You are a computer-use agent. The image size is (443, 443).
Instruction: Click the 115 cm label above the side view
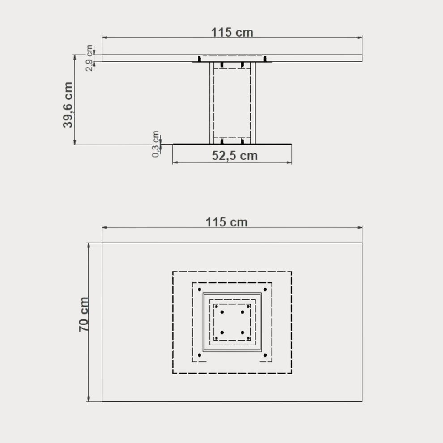pos(232,32)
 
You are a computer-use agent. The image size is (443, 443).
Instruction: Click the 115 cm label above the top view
pos(226,222)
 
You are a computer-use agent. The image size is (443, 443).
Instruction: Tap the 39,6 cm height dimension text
pos(68,105)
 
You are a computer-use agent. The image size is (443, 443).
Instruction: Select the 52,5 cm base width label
pos(234,156)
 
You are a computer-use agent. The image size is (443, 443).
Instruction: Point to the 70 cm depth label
pos(84,315)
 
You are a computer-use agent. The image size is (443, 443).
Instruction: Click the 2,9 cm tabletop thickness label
pos(89,58)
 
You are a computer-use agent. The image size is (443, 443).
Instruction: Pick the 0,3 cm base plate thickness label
pos(156,144)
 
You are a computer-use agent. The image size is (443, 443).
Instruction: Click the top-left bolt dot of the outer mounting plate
pos(200,290)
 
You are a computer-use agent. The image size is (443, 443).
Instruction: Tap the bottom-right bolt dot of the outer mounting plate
pos(265,355)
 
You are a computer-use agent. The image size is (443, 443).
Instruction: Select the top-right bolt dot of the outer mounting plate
pos(265,290)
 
